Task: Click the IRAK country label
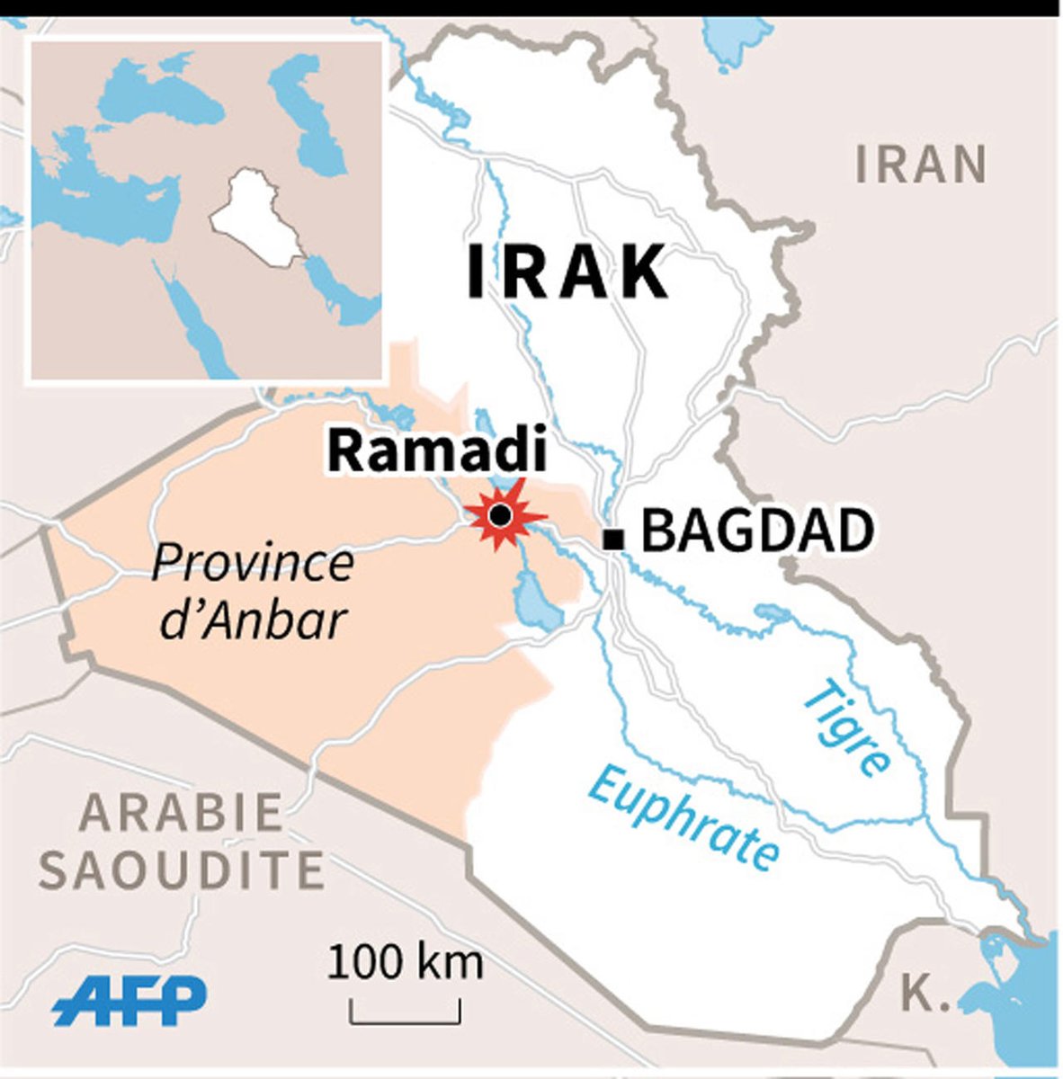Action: [x=567, y=272]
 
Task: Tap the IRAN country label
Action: [x=921, y=165]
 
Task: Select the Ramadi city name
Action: [x=436, y=451]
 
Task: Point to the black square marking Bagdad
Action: [x=614, y=539]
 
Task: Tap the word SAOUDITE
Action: [x=183, y=869]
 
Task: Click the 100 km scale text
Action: [x=405, y=963]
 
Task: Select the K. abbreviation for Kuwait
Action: [x=919, y=993]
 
